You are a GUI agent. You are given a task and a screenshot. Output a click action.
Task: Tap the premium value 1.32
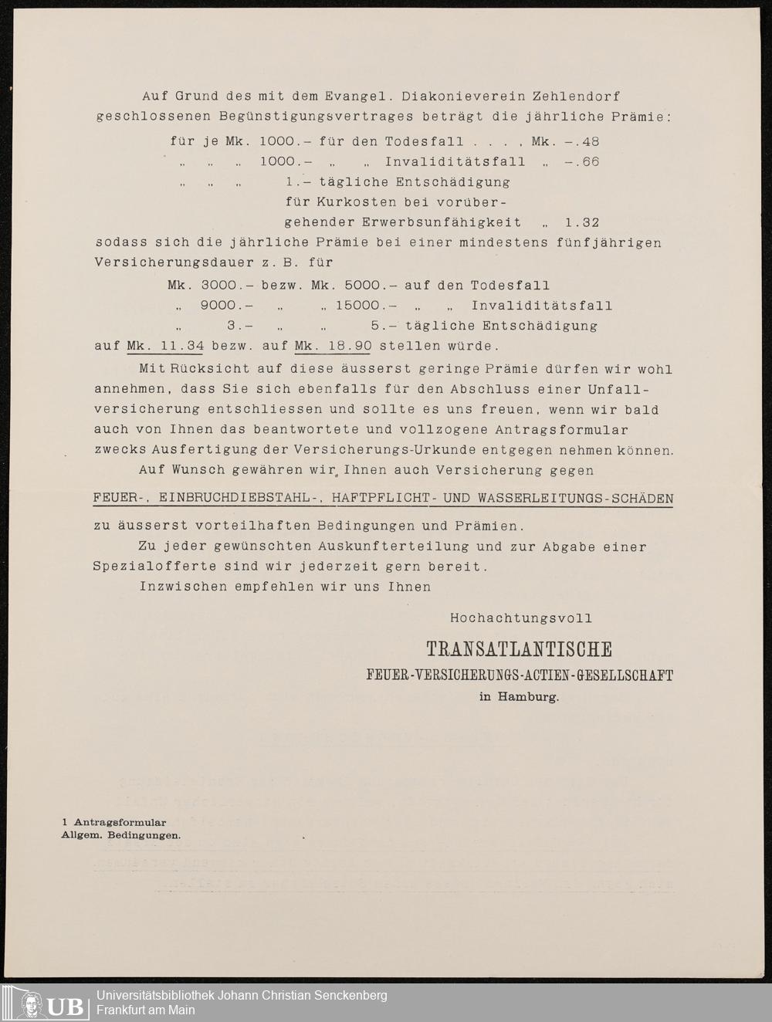[581, 222]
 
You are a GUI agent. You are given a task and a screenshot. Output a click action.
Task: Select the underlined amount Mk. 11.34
[165, 346]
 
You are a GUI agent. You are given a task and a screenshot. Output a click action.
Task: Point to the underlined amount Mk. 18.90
[333, 346]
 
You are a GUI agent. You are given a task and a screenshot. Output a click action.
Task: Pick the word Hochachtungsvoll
[521, 618]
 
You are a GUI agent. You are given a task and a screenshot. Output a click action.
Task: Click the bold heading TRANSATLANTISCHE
[519, 649]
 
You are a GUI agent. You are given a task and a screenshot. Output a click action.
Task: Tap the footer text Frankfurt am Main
[145, 1010]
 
